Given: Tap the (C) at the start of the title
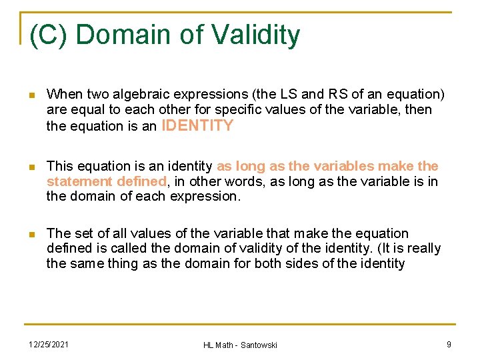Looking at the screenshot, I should tap(47, 35).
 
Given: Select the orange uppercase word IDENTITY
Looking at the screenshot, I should tap(197, 125).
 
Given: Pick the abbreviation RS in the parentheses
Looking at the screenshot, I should tap(328, 95).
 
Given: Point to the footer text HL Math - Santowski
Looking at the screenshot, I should tap(240, 344).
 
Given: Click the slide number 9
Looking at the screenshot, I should tap(449, 343).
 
